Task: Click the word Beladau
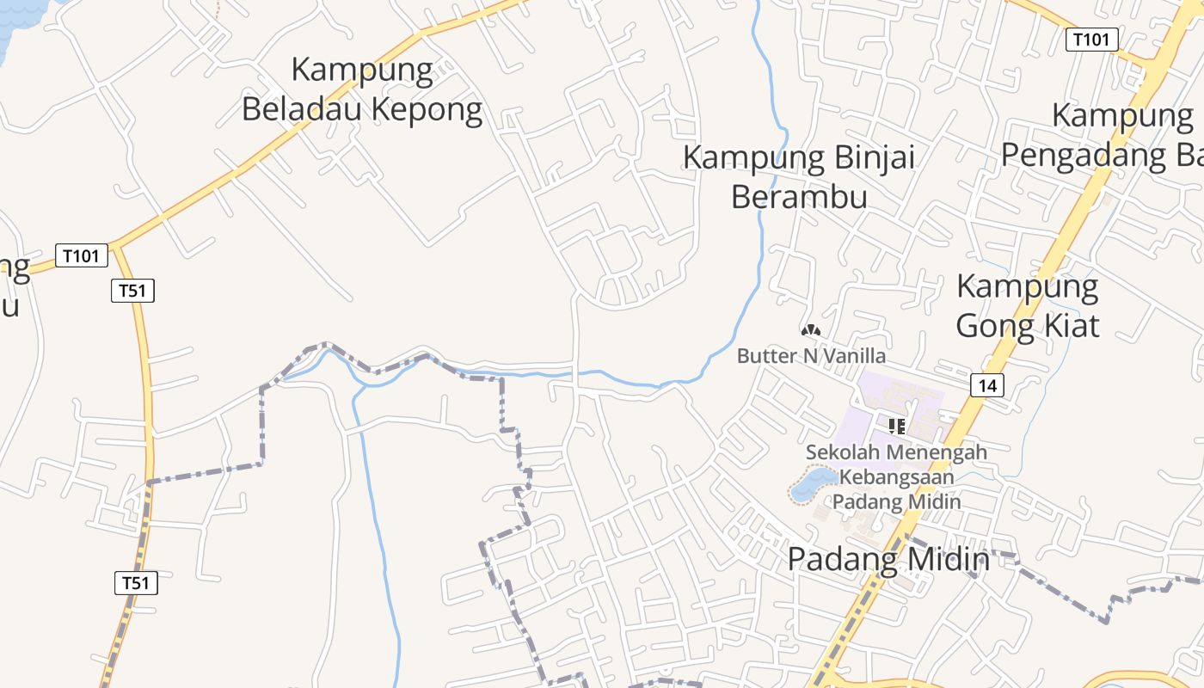(x=301, y=109)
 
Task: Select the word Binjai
(x=870, y=158)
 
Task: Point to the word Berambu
(x=799, y=197)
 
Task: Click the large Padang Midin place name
(x=888, y=559)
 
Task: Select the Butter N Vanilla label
(x=811, y=355)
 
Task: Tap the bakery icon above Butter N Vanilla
(x=810, y=330)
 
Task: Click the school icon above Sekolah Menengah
(x=897, y=426)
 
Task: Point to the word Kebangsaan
(x=897, y=476)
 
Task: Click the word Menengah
(x=937, y=451)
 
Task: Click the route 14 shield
(x=986, y=385)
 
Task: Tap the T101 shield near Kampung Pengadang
(x=1092, y=39)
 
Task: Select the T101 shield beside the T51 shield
(x=83, y=255)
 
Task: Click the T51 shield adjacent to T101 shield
(x=132, y=291)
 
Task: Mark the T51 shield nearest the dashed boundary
(x=136, y=583)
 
